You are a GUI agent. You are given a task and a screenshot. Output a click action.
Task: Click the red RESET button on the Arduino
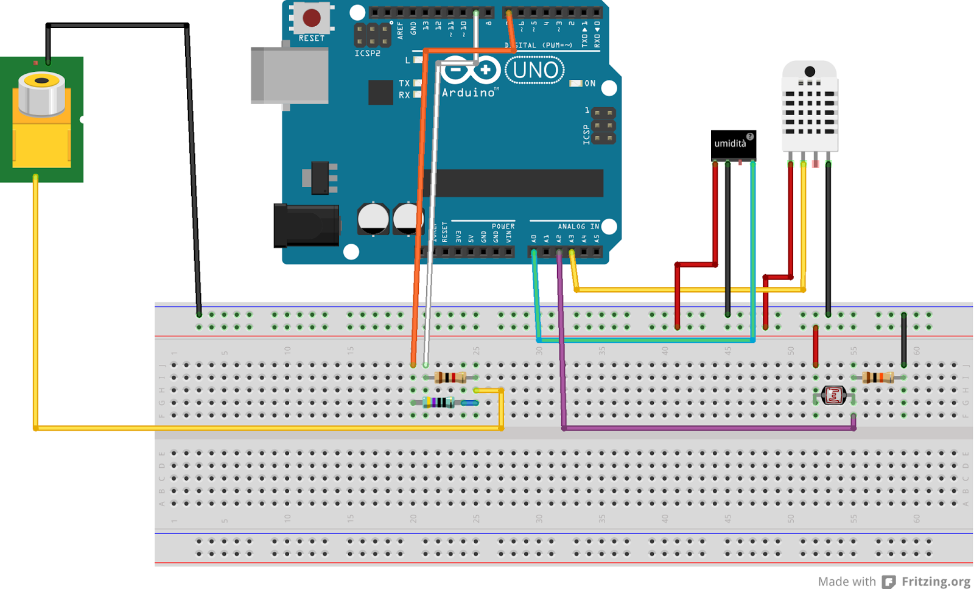312,18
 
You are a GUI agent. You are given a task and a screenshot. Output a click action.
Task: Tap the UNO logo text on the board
534,71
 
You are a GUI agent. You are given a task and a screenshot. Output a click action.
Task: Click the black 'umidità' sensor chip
733,144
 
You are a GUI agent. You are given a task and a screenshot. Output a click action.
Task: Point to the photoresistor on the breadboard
833,395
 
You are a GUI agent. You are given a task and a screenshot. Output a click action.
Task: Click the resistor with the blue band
438,402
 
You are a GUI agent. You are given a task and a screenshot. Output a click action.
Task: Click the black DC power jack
307,225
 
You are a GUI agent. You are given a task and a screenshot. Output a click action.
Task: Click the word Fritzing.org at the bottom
936,581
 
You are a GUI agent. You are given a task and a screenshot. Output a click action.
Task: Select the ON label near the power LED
590,83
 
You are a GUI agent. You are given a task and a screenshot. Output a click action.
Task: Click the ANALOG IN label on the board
578,226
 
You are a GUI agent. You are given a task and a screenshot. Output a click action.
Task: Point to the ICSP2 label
367,54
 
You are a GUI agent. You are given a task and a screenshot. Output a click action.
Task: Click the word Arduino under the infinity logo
468,93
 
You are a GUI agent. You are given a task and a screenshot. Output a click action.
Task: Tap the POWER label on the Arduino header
503,226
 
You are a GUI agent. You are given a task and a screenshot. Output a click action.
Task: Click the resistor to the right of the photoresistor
878,377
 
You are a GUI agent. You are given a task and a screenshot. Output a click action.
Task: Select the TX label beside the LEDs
404,83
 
